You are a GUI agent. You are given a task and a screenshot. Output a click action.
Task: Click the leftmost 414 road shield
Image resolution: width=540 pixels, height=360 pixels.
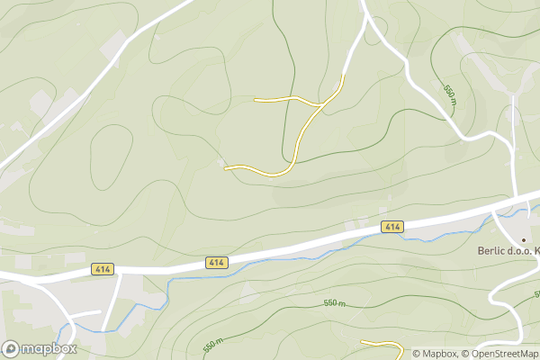(x=102, y=269)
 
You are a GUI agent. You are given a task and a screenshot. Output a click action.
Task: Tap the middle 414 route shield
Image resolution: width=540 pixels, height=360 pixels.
(x=216, y=262)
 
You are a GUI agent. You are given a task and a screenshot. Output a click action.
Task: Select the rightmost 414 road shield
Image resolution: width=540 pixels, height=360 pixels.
(x=391, y=227)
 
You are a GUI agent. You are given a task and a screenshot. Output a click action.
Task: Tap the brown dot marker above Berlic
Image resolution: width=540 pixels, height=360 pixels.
(x=523, y=240)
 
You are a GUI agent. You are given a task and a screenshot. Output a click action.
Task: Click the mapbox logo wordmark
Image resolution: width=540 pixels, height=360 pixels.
(x=49, y=348)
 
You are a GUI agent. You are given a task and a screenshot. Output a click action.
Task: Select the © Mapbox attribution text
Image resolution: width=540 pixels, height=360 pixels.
(x=436, y=354)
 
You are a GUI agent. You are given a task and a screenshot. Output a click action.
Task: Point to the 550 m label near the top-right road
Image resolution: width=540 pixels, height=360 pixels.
(x=450, y=94)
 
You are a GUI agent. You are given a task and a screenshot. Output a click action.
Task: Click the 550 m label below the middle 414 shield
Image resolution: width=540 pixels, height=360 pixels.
(x=334, y=303)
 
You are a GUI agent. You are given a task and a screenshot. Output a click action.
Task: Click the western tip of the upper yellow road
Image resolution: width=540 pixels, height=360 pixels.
(x=256, y=100)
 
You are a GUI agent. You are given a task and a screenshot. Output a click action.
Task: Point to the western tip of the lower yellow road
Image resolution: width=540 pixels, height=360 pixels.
(x=226, y=166)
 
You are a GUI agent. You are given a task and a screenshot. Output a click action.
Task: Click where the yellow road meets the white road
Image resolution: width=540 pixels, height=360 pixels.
(x=343, y=76)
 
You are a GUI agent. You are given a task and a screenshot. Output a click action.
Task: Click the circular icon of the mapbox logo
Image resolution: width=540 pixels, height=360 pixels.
(x=12, y=348)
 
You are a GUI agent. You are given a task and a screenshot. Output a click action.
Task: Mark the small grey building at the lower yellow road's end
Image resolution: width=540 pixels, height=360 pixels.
(x=221, y=162)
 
